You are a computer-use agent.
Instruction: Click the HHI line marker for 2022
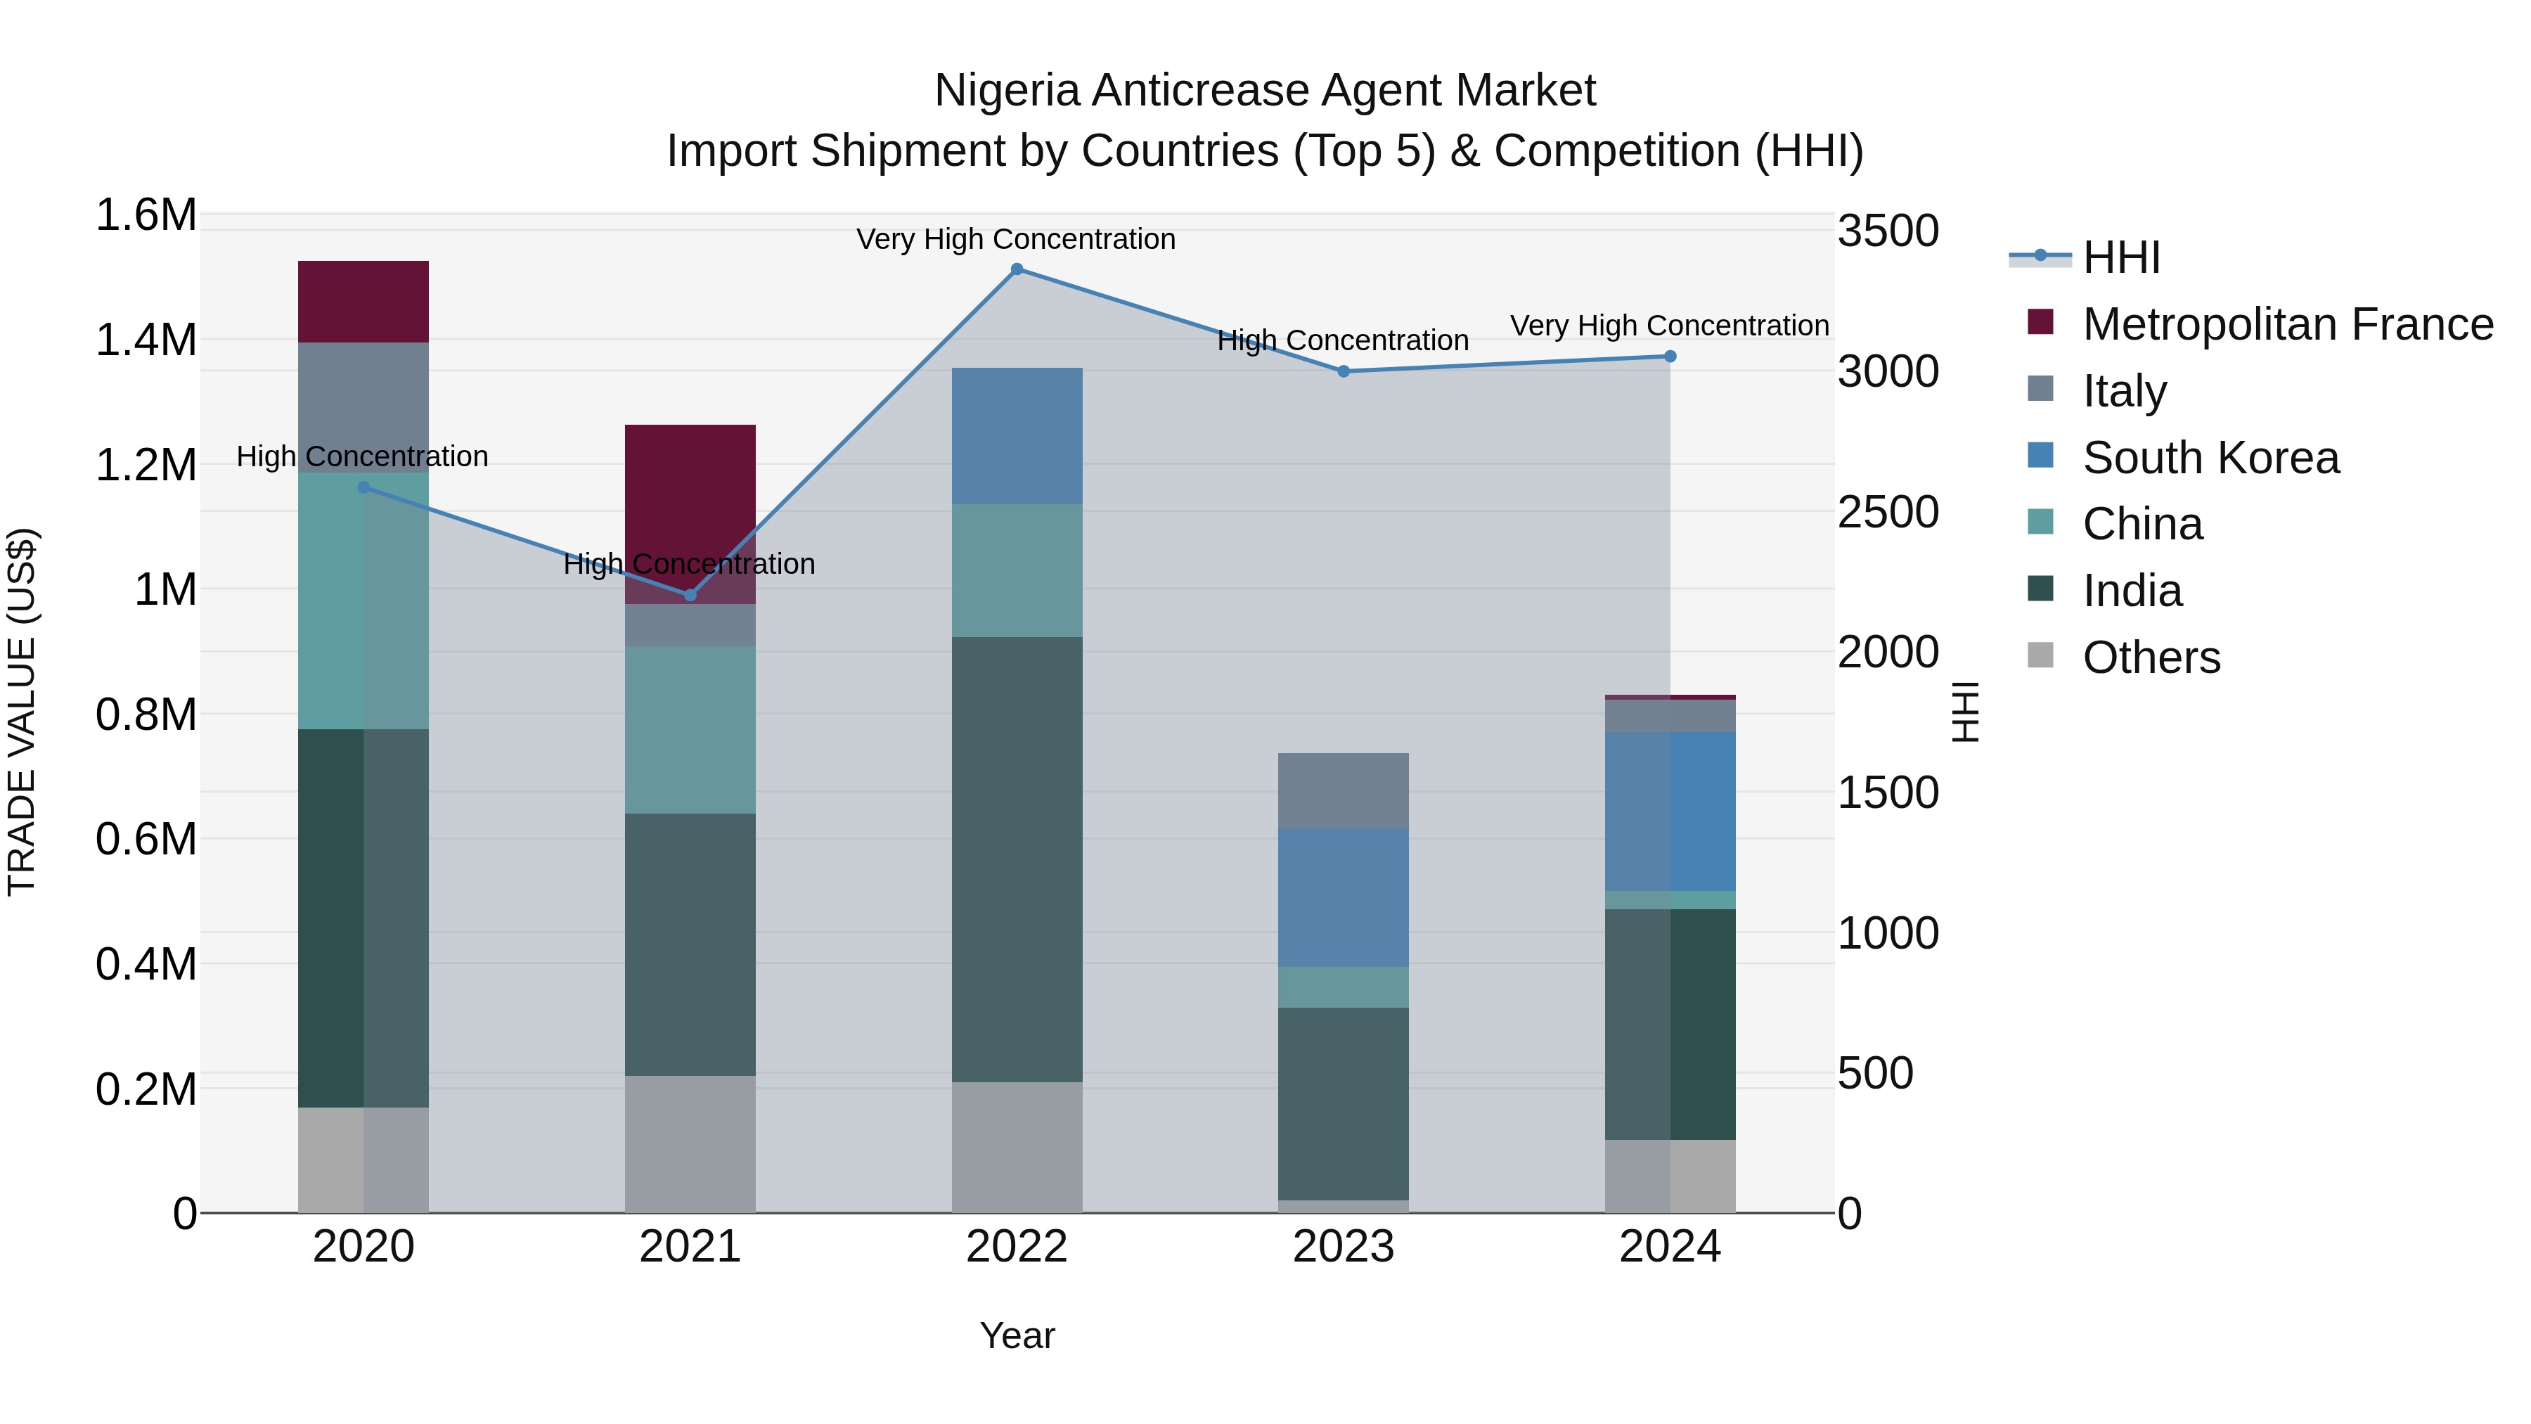pyautogui.click(x=1017, y=269)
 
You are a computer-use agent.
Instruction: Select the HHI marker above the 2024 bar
pyautogui.click(x=1670, y=357)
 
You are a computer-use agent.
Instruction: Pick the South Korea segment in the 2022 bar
pyautogui.click(x=1017, y=436)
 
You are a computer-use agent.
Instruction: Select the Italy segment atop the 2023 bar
pyautogui.click(x=1343, y=791)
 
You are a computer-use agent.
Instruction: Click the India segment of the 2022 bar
pyautogui.click(x=1017, y=860)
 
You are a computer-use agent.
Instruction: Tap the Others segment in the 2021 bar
pyautogui.click(x=690, y=1144)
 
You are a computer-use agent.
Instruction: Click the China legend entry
pyautogui.click(x=2142, y=524)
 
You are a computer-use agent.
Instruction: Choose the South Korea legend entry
pyautogui.click(x=2210, y=458)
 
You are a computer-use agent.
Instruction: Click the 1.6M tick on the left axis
pyautogui.click(x=146, y=215)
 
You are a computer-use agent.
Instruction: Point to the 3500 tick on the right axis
pyautogui.click(x=1888, y=232)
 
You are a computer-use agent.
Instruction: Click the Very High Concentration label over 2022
pyautogui.click(x=1016, y=239)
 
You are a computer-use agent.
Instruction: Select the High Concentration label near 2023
pyautogui.click(x=1342, y=341)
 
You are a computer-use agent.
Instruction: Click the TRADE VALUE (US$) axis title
pyautogui.click(x=22, y=712)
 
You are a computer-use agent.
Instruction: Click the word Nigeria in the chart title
pyautogui.click(x=1007, y=91)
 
